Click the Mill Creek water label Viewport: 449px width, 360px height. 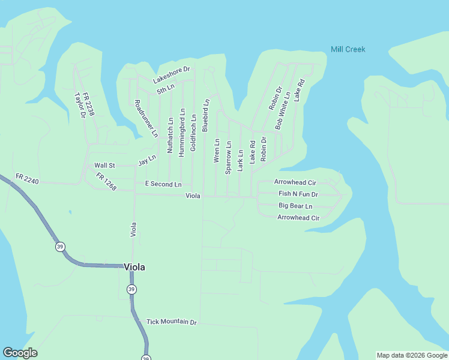(348, 49)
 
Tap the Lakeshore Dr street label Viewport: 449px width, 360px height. (171, 74)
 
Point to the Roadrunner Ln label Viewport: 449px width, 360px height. (146, 118)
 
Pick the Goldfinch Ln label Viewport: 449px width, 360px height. (193, 133)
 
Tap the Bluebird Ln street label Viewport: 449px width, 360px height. (205, 115)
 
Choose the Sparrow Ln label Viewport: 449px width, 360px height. (228, 157)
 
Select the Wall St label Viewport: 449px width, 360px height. (104, 166)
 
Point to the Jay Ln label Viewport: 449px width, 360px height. (146, 160)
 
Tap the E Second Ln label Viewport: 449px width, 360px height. (163, 184)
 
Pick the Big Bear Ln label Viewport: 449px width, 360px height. (295, 206)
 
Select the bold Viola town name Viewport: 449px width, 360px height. (134, 268)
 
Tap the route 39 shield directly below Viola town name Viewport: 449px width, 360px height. (131, 289)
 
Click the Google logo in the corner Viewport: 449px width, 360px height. (20, 353)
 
